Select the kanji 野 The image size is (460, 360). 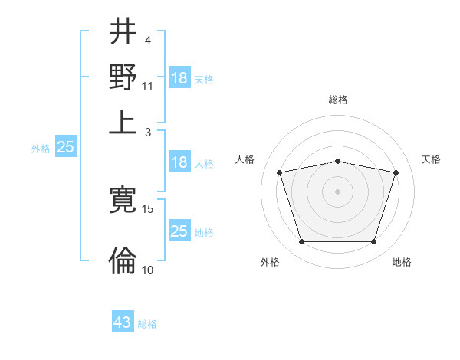pyautogui.click(x=123, y=77)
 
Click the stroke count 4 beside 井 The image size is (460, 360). pyautogui.click(x=147, y=41)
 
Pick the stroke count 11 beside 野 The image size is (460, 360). pyautogui.click(x=148, y=87)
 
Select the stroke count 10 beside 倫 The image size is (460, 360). pyautogui.click(x=148, y=270)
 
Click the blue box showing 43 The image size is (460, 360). pyautogui.click(x=123, y=322)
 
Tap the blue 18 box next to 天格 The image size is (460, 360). pyautogui.click(x=179, y=78)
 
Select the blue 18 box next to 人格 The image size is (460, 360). pyautogui.click(x=179, y=162)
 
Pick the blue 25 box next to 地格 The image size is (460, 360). pyautogui.click(x=179, y=231)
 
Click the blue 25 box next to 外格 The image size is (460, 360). pyautogui.click(x=65, y=148)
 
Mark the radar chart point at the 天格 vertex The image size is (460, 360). pyautogui.click(x=396, y=173)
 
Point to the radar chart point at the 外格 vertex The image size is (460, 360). pyautogui.click(x=301, y=242)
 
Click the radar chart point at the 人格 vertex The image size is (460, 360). pyautogui.click(x=280, y=173)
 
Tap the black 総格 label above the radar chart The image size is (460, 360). pyautogui.click(x=338, y=100)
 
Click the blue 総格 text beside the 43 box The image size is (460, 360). pyautogui.click(x=147, y=324)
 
